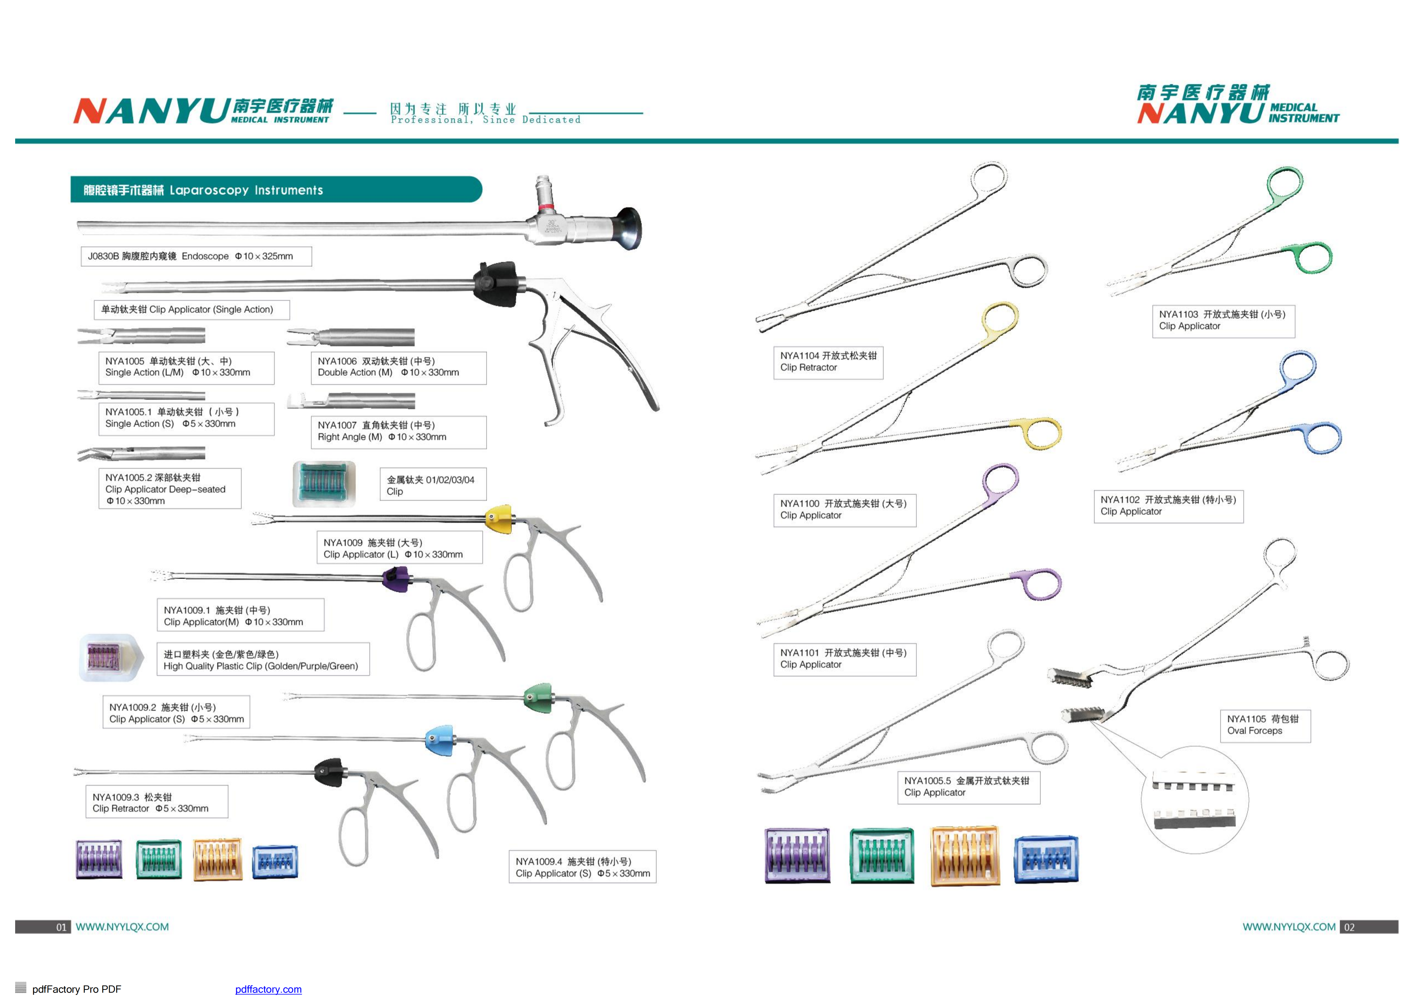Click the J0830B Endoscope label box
pos(196,256)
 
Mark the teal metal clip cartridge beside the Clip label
pos(324,484)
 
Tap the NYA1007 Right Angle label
pos(398,431)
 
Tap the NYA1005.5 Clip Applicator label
pos(968,787)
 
